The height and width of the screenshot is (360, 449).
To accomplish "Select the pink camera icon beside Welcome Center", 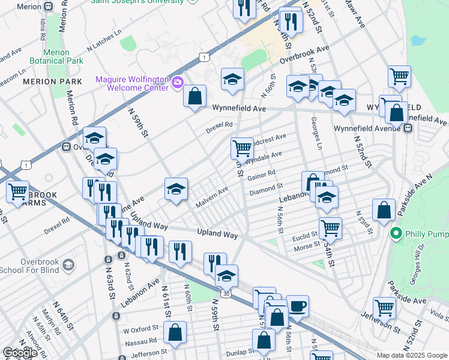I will (177, 82).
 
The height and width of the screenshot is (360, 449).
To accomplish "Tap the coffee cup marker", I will (297, 306).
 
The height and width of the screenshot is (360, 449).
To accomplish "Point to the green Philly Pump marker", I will (395, 233).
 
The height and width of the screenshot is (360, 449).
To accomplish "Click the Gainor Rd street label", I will (262, 175).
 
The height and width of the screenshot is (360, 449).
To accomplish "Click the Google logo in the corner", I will (20, 352).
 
